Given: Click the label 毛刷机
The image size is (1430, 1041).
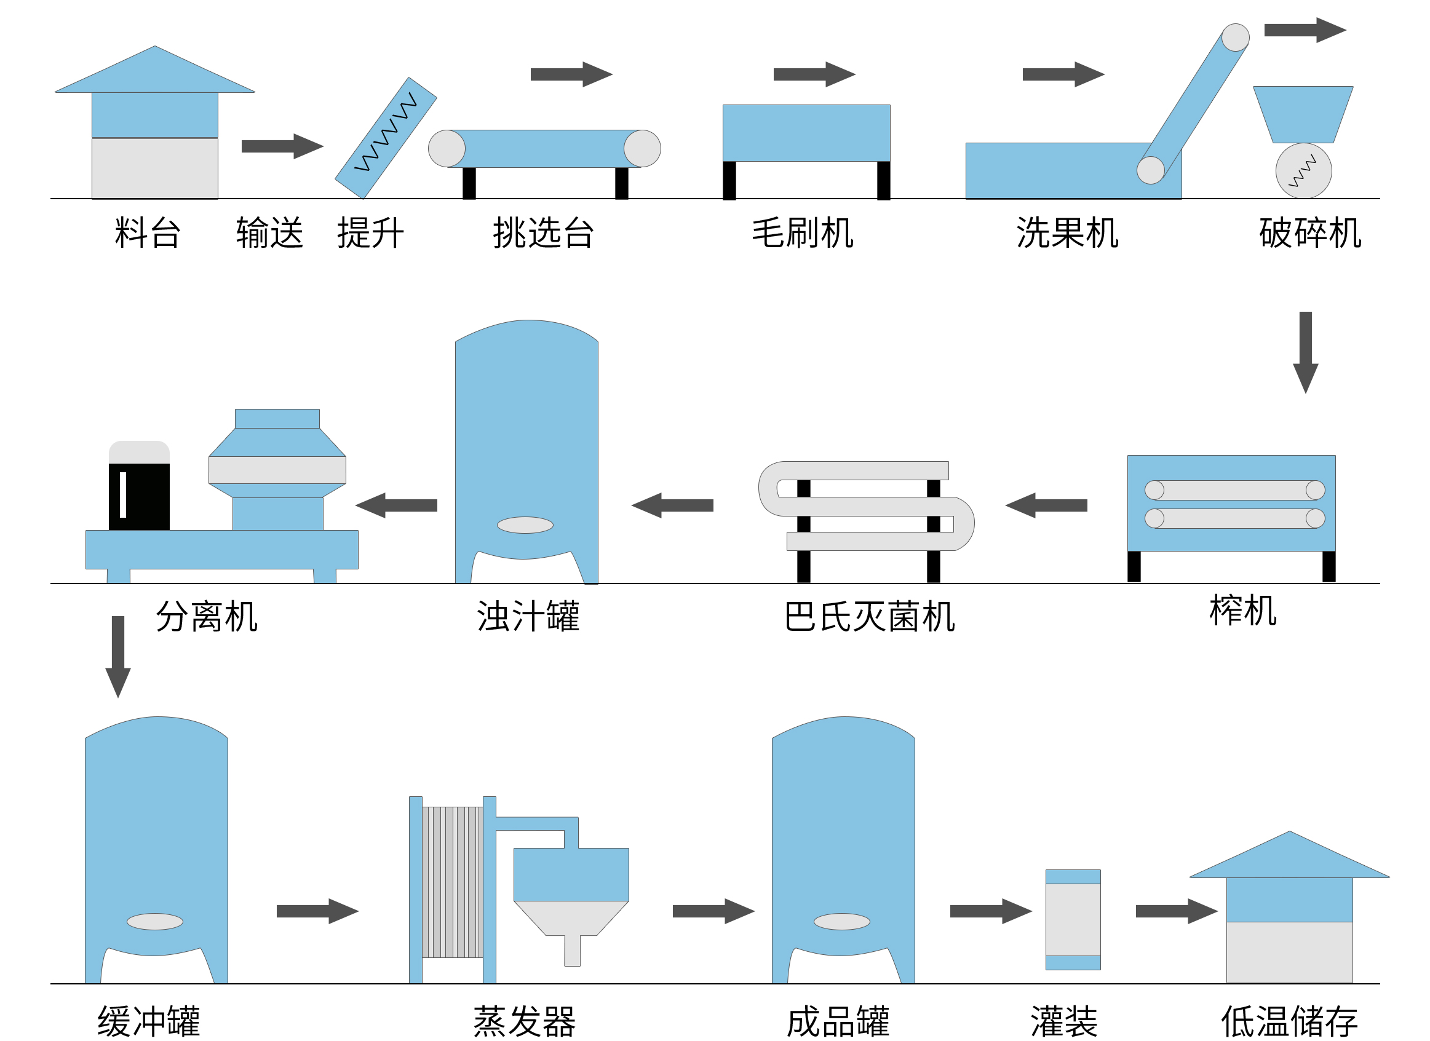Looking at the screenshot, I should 802,233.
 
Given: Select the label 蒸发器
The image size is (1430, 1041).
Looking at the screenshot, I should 524,1021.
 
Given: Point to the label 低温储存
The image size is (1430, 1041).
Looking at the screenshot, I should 1289,1021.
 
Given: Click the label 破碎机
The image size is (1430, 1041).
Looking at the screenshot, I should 1309,233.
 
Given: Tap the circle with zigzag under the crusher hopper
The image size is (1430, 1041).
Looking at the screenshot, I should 1303,171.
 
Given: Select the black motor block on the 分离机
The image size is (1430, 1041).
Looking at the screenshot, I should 139,496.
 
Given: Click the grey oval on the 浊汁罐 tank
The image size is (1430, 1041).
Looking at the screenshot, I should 525,524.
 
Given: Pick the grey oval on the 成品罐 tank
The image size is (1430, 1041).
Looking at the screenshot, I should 841,922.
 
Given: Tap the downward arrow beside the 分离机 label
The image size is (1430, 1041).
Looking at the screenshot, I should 118,655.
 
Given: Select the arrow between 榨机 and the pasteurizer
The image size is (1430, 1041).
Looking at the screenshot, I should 1046,505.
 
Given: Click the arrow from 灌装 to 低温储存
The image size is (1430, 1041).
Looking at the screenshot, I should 1176,911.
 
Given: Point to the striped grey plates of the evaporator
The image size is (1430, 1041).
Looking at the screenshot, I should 452,882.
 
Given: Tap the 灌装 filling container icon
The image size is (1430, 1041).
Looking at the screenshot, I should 1073,919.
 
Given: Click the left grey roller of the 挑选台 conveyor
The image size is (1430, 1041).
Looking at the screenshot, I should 447,149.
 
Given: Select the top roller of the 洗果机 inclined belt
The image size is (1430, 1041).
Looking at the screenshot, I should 1235,38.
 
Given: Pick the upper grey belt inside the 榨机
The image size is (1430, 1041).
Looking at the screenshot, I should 1234,490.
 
